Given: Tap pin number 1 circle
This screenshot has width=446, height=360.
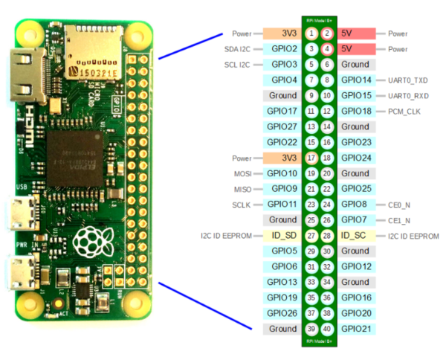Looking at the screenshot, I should [311, 33].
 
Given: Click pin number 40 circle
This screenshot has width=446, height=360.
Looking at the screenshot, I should [327, 329].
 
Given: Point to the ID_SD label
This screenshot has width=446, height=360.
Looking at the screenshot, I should [281, 236].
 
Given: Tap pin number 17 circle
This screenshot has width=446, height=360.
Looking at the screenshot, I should [311, 158].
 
